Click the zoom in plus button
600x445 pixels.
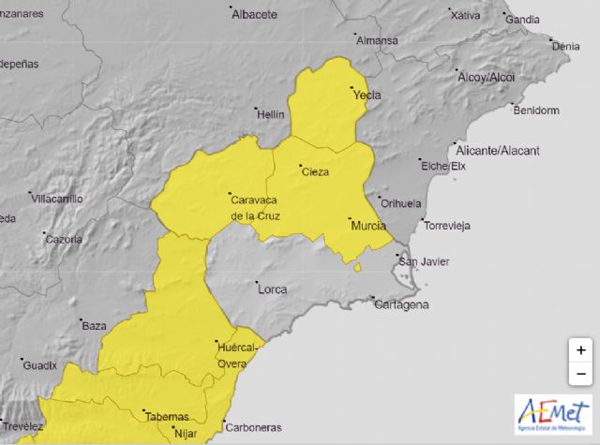pos(581,350)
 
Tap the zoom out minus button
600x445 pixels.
pos(581,374)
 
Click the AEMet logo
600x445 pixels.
pos(552,413)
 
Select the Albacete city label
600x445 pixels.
pos(254,15)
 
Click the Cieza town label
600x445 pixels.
pos(315,171)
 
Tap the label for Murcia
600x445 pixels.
pos(367,226)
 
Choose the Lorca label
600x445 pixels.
pos(272,289)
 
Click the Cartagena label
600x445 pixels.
pos(402,305)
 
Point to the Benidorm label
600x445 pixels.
pos(536,111)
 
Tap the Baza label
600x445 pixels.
pos(94,326)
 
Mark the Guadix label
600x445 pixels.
pos(39,365)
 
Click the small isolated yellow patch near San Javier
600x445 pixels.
pos(358,268)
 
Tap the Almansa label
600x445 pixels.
pos(379,41)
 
